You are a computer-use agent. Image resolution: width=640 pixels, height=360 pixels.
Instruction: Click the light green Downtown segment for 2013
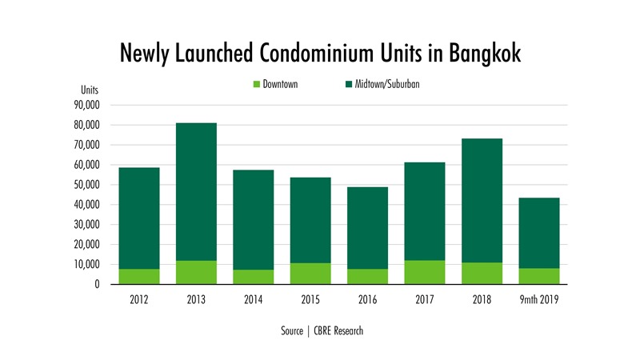(196, 272)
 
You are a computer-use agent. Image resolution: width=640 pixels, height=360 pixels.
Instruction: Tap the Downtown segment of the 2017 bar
(425, 272)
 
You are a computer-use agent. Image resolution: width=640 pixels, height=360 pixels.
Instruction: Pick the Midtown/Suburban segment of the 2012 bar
(139, 218)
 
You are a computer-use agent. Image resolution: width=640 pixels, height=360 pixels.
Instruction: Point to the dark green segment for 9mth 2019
(538, 232)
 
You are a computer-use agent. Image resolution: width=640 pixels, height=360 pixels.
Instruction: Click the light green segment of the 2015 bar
(310, 274)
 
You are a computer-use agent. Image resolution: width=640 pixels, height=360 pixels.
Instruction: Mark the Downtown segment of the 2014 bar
(253, 277)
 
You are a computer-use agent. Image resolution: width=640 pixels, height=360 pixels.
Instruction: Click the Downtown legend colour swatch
(256, 84)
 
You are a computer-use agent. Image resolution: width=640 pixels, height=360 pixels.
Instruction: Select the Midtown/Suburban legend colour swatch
(350, 84)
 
